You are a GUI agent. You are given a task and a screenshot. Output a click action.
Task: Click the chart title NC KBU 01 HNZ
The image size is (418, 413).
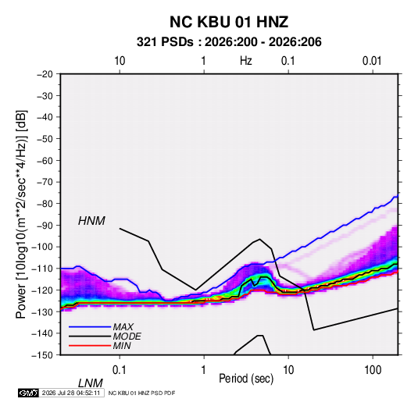coord(229,22)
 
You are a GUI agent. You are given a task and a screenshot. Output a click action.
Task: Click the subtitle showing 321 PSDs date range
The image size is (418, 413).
coord(229,42)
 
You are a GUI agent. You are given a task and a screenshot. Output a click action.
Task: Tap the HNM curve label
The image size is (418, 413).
coord(91,221)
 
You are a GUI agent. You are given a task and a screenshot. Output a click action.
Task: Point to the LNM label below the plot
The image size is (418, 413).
coord(90,383)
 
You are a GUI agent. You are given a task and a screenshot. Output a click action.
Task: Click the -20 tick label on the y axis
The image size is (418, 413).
coord(45,74)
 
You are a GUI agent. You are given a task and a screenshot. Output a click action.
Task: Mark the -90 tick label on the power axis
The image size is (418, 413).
coord(45,226)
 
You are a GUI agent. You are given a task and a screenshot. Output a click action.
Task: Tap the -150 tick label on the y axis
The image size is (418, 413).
coord(42,355)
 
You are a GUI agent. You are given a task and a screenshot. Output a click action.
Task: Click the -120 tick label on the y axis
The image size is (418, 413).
coord(42,290)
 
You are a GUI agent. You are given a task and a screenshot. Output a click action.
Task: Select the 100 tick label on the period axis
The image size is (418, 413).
coord(373,370)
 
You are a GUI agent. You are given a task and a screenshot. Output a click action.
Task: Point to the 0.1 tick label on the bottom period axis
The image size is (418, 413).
coord(120,370)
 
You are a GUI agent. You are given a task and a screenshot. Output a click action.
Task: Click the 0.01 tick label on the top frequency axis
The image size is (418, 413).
coord(372,61)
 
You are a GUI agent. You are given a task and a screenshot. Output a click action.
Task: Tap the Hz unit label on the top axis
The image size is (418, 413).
coord(246,61)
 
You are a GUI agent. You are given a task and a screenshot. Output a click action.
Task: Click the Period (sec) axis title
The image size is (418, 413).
coord(246,379)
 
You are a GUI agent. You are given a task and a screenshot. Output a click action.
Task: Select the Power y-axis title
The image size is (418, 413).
coord(21,214)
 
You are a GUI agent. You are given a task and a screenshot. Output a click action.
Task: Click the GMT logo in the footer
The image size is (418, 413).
coord(28,393)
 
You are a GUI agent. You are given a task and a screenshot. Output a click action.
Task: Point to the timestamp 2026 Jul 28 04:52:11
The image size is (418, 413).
coord(71,393)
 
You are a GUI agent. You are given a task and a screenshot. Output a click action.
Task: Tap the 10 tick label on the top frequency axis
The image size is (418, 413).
coord(120,61)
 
